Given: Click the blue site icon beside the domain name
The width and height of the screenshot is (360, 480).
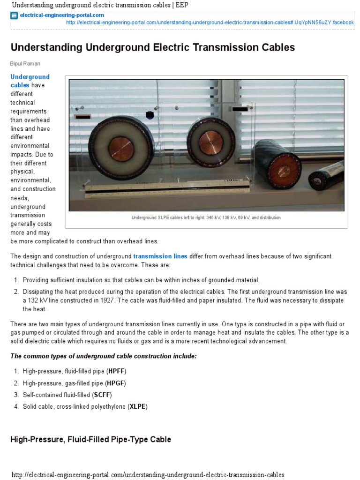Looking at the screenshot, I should pyautogui.click(x=14, y=15).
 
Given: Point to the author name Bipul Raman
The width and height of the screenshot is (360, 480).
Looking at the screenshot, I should pyautogui.click(x=25, y=63).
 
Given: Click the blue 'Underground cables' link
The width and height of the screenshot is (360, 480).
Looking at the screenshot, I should pyautogui.click(x=30, y=81).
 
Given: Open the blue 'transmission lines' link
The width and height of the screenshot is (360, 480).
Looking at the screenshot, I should pyautogui.click(x=160, y=256).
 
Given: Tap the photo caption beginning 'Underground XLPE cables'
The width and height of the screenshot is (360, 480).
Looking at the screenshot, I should pyautogui.click(x=206, y=217).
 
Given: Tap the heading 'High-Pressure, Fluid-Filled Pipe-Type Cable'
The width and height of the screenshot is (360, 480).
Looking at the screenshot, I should pyautogui.click(x=90, y=439).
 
